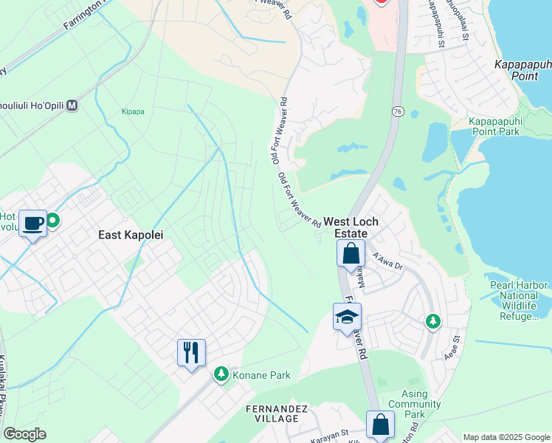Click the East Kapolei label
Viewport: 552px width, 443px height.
pos(130,234)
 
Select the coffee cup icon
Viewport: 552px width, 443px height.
pos(33,223)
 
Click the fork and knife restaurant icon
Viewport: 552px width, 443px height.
pos(191,352)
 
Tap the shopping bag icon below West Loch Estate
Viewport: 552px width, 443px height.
pos(351,254)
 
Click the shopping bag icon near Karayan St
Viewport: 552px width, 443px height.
pos(380,425)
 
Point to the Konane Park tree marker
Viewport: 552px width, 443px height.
pos(220,375)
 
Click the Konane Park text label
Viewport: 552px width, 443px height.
pos(261,375)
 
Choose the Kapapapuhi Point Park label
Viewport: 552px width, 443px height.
pos(505,126)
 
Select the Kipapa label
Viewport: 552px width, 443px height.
pos(113,113)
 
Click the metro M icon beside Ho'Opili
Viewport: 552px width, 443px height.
pos(72,106)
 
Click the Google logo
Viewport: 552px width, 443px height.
pos(24,434)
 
